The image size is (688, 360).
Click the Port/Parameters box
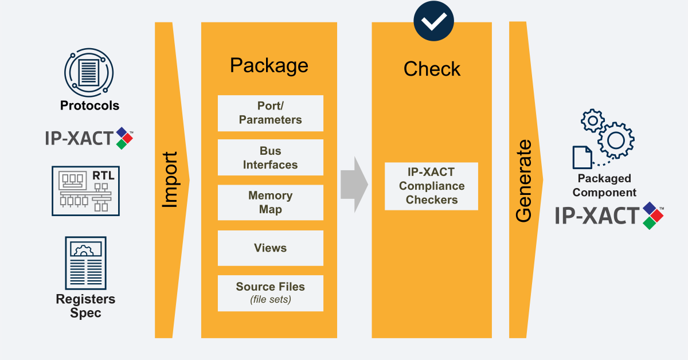point(270,113)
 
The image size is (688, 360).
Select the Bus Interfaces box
point(270,158)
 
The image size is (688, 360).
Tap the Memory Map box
point(270,203)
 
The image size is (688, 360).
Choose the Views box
point(270,248)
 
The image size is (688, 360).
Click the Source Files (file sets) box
point(270,293)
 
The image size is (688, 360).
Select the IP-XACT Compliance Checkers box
point(431,186)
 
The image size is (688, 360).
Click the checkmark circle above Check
point(433,22)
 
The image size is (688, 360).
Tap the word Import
point(170,180)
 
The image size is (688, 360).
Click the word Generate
point(523,180)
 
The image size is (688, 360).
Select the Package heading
point(269,65)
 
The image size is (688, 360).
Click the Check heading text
point(432,69)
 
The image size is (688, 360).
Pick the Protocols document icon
point(88,72)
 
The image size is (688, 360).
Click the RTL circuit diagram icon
point(85,191)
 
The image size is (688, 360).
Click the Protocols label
point(89,106)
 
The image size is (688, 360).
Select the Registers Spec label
point(85,306)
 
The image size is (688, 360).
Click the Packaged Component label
point(604,186)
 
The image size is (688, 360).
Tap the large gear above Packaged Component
point(616,139)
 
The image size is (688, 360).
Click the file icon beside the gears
point(583,157)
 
